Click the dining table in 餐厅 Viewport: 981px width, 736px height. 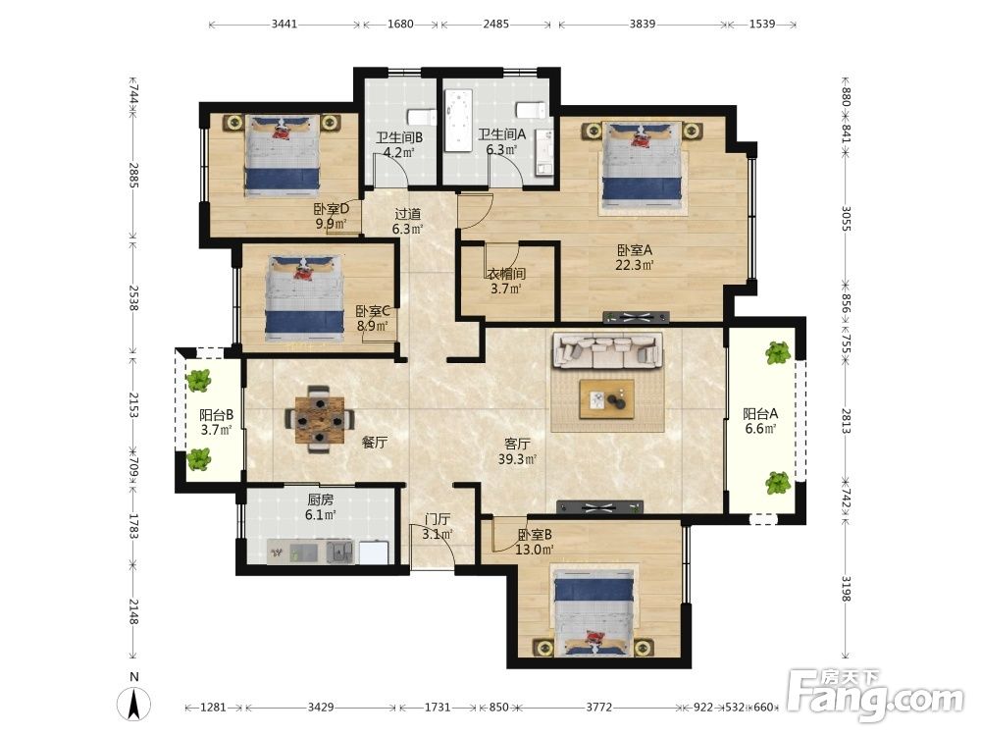[319, 419]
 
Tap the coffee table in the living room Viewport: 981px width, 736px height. [606, 399]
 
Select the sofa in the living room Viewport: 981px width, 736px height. [607, 350]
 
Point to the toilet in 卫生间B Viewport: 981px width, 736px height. [422, 117]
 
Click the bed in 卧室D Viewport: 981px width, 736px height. [283, 155]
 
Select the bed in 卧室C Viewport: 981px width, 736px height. [305, 298]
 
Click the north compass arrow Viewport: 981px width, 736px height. [133, 704]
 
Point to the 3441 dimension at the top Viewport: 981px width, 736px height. [284, 25]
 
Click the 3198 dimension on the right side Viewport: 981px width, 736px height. [845, 588]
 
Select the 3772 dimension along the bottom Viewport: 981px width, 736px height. [598, 708]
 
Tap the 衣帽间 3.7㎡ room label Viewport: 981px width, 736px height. [506, 281]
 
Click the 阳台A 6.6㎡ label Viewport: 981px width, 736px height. [760, 421]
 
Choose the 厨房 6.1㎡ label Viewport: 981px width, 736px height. [321, 507]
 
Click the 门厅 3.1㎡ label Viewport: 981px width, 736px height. [438, 526]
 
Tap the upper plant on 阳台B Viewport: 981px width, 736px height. [199, 380]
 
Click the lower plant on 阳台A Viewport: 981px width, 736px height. [778, 483]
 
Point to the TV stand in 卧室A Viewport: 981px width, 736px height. [637, 317]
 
